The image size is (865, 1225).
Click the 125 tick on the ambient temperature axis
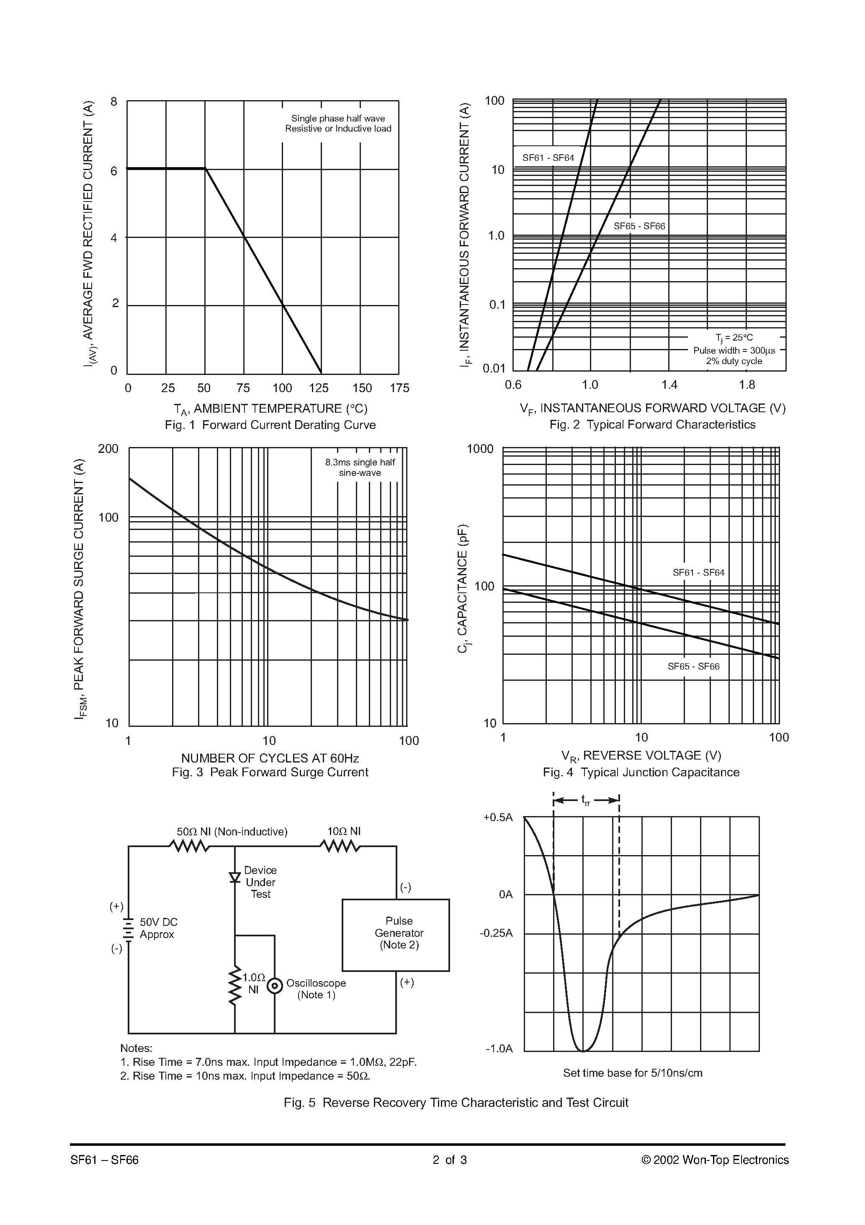pyautogui.click(x=319, y=388)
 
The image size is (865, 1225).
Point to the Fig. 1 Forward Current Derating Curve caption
pyautogui.click(x=270, y=425)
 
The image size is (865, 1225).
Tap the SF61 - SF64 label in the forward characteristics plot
pyautogui.click(x=548, y=158)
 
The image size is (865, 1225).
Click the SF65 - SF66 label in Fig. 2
pyautogui.click(x=639, y=226)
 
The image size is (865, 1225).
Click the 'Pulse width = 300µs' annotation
pyautogui.click(x=734, y=351)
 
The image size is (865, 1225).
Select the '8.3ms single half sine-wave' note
pyautogui.click(x=360, y=468)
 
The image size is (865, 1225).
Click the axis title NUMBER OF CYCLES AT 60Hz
pyautogui.click(x=270, y=758)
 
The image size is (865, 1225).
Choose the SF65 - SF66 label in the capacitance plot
pyautogui.click(x=693, y=667)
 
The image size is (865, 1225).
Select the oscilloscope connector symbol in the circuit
pyautogui.click(x=275, y=985)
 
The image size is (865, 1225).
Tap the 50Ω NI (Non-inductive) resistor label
pyautogui.click(x=232, y=832)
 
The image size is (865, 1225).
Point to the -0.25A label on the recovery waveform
pyautogui.click(x=496, y=933)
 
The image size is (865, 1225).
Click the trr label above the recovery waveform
pyautogui.click(x=586, y=800)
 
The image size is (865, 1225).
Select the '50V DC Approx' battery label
pyautogui.click(x=158, y=928)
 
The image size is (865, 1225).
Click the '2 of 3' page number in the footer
pyautogui.click(x=450, y=1160)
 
